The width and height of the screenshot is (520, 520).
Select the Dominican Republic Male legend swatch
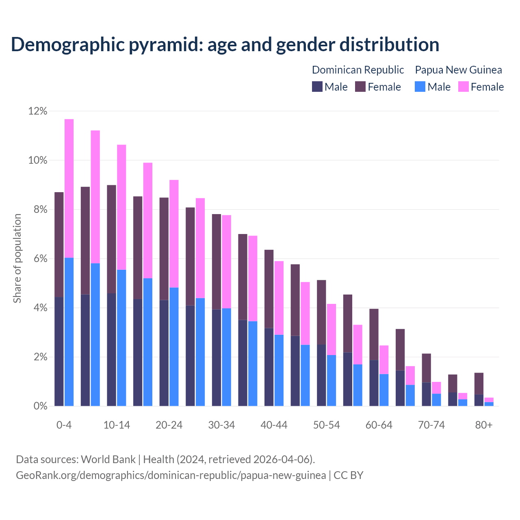[x=317, y=87]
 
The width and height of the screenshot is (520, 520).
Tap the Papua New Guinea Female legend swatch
[x=464, y=87]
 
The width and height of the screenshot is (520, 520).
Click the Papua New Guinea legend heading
[x=458, y=70]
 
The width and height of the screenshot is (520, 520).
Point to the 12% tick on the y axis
[x=38, y=111]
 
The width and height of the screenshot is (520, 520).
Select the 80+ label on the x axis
[x=484, y=425]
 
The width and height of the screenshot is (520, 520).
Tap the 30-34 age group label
[x=221, y=425]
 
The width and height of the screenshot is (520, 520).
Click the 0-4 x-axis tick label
[x=64, y=425]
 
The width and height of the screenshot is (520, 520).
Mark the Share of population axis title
[x=17, y=258]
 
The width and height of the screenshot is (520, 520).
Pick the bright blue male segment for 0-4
[x=69, y=331]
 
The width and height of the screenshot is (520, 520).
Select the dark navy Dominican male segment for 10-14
[x=111, y=349]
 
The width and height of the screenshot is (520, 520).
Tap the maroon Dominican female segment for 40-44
[x=269, y=288]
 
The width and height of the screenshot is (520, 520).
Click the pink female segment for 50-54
[x=331, y=329]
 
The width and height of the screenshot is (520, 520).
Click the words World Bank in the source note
[x=108, y=459]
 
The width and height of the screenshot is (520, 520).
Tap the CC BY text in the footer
[x=348, y=475]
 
